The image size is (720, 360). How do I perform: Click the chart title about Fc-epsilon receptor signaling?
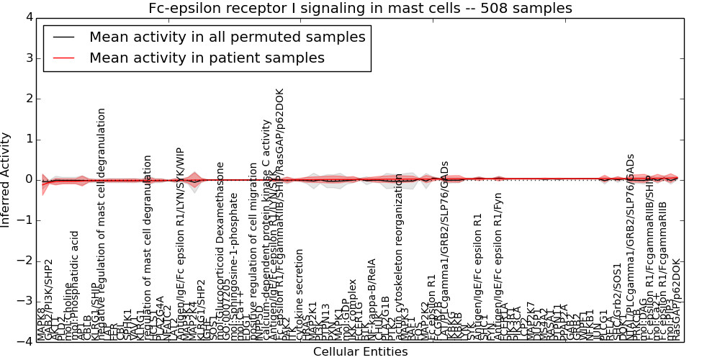(x=360, y=8)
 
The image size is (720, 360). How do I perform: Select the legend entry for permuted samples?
(x=227, y=37)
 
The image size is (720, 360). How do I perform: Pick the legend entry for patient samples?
(x=207, y=58)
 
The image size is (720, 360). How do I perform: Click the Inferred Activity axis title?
(x=6, y=179)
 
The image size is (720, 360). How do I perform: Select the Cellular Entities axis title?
(x=360, y=352)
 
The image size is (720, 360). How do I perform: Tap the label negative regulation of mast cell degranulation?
(x=102, y=224)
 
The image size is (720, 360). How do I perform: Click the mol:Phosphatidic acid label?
(x=75, y=285)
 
